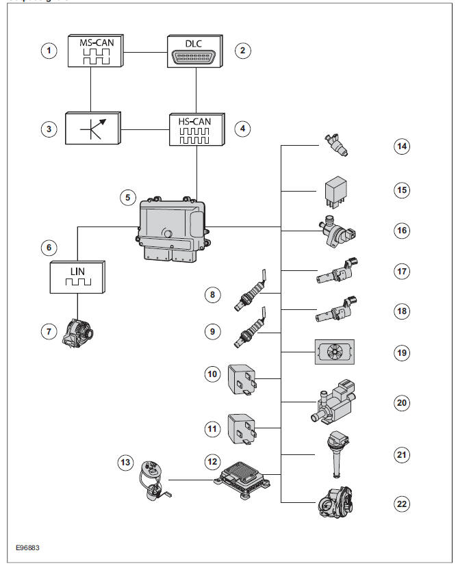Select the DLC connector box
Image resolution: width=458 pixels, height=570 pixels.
coord(196,51)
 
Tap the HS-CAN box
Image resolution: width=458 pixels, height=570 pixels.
coord(196,128)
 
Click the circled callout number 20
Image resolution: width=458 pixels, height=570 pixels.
coord(403,403)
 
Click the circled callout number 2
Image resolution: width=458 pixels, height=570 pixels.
coord(242,51)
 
